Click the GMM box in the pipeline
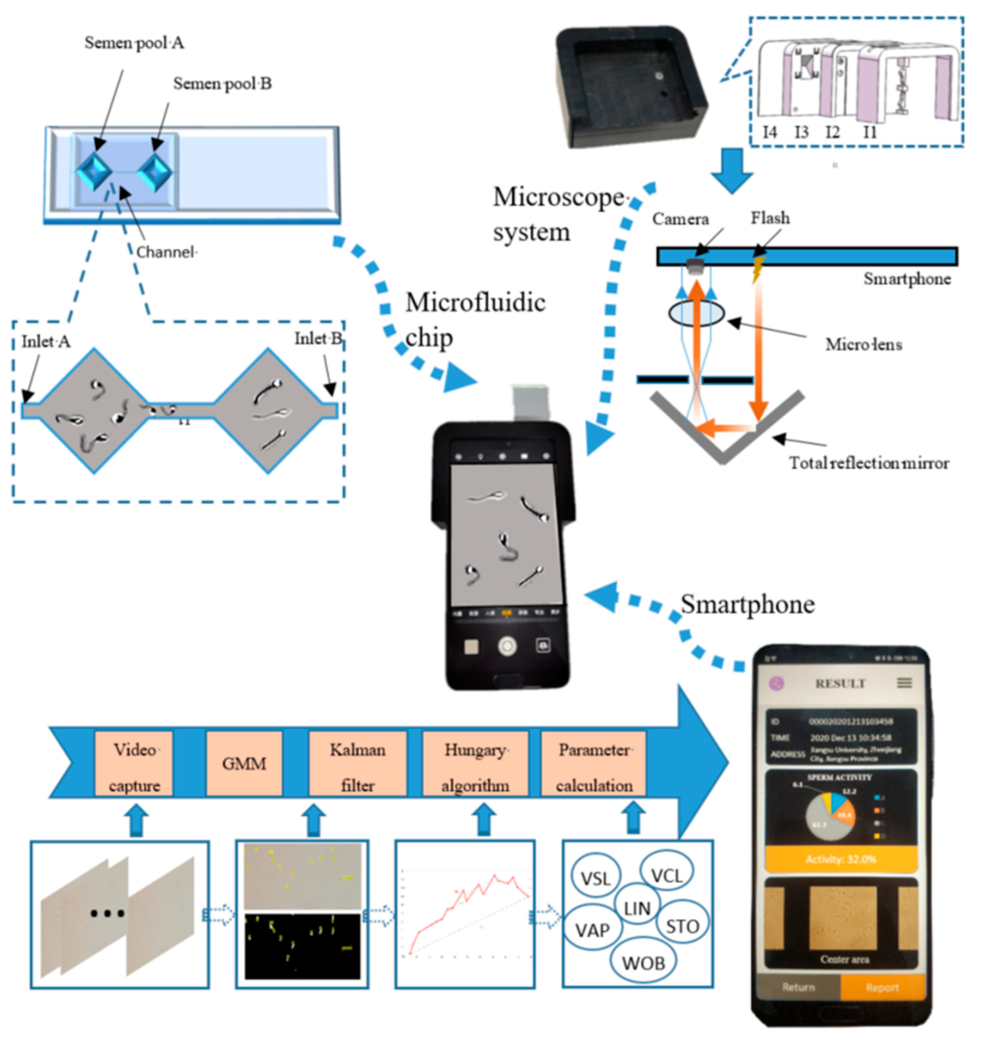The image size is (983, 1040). pos(244,763)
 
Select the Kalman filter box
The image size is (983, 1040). pos(357,763)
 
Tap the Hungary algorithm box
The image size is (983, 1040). pos(475,763)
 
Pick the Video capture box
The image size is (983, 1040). pos(134,763)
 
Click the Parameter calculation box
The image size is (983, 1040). pos(593,763)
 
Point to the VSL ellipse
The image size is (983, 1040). pos(595,878)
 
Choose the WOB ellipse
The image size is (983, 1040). pos(643,963)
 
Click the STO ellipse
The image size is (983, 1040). pos(682,926)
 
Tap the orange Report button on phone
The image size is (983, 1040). pos(882,987)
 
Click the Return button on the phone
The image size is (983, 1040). pos(798,987)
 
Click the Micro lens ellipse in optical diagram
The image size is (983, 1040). pos(697,314)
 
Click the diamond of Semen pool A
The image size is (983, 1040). pos(94,171)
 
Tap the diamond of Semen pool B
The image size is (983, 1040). pos(156,171)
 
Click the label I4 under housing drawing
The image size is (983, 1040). pos(769,132)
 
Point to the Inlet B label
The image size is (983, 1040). pos(318,339)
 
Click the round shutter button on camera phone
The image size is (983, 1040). pos(507,646)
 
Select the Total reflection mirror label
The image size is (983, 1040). pos(869,463)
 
